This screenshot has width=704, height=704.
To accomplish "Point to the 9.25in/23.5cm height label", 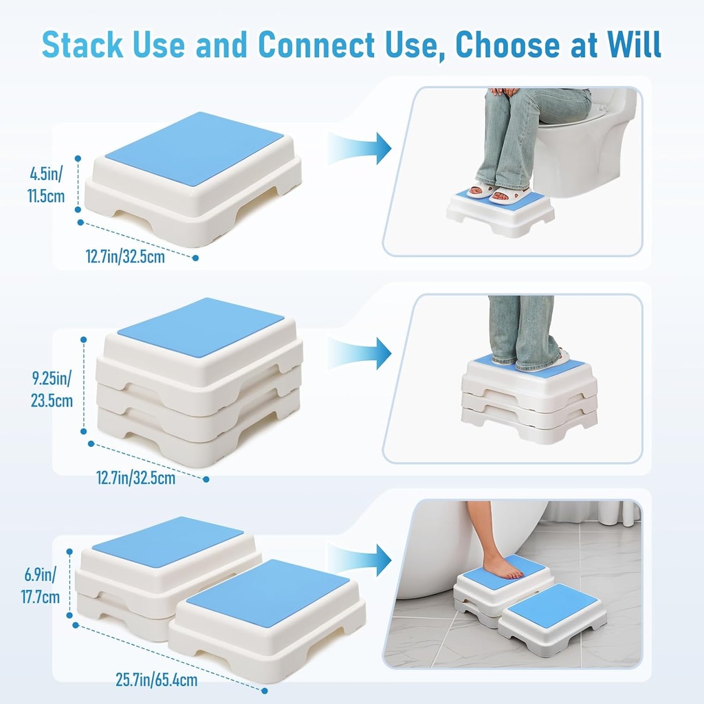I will coord(51,389).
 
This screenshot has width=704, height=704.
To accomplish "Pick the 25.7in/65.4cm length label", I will coord(156,681).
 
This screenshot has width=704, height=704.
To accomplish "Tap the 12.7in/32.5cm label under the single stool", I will coord(125,257).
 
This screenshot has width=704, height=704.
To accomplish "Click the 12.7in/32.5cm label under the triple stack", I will coord(135,476).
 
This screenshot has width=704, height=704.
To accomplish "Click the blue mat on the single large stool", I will coord(194,148).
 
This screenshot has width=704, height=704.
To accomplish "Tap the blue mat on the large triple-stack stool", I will coord(201,327).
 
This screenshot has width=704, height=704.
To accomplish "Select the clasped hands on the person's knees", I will coord(504,91).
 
